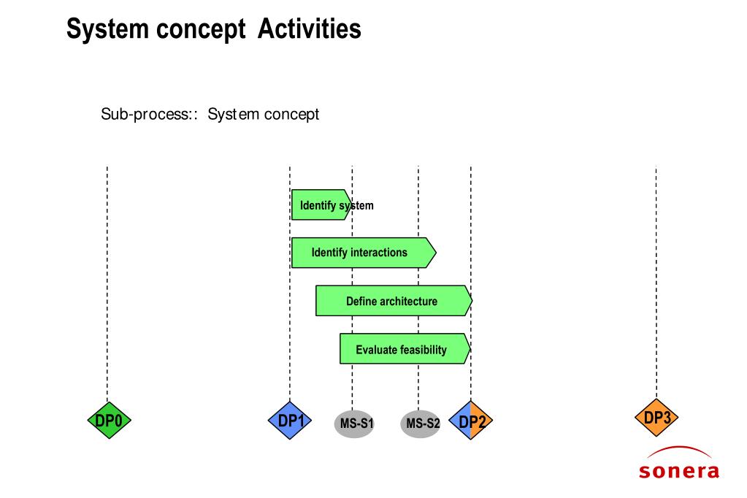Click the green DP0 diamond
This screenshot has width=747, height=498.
click(x=109, y=421)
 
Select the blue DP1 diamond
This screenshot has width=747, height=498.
click(x=290, y=421)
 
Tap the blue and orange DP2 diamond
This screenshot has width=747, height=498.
click(x=471, y=421)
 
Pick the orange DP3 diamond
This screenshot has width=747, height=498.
click(x=656, y=418)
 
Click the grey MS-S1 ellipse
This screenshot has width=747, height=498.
click(x=354, y=424)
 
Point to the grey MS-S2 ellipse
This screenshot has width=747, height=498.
click(x=420, y=424)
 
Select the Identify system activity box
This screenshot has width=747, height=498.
click(x=321, y=205)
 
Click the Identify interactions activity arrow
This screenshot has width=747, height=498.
click(x=364, y=253)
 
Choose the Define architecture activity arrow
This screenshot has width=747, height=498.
click(x=394, y=301)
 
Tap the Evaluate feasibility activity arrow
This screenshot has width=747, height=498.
click(x=405, y=349)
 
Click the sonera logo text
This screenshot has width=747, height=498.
click(x=679, y=471)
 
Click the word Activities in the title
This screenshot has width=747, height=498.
click(x=309, y=28)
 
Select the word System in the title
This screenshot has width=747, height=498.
click(x=107, y=28)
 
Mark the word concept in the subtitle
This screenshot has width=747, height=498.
click(x=291, y=115)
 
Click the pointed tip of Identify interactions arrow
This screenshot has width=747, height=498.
click(x=436, y=253)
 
